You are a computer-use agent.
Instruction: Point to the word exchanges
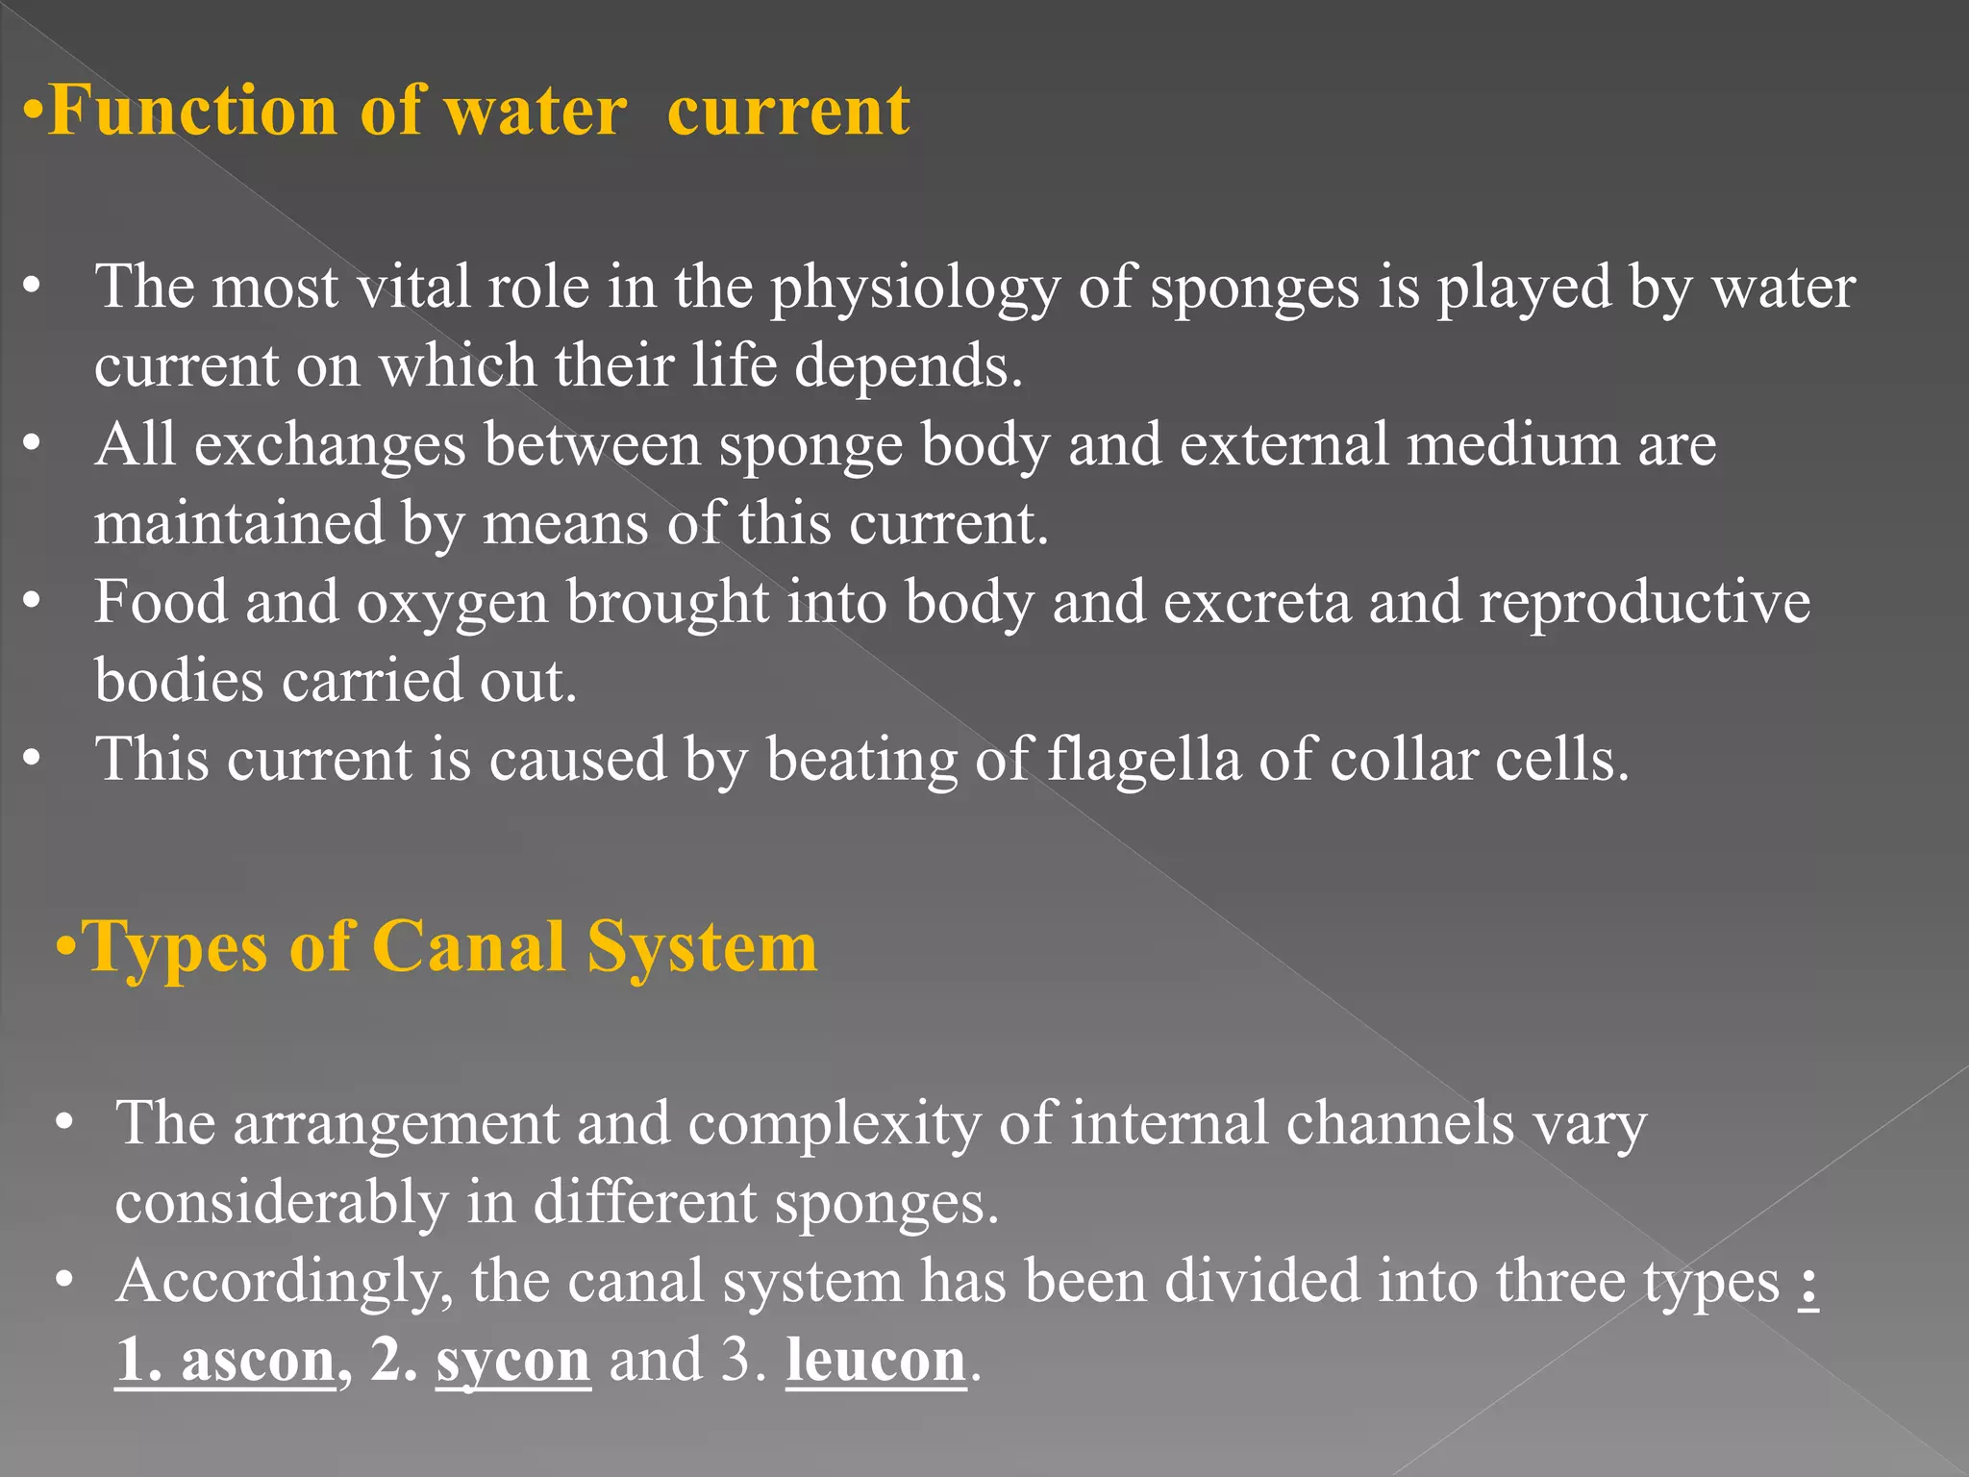coord(330,446)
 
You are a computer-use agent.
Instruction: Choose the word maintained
coord(239,524)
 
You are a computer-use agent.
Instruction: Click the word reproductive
coord(1644,604)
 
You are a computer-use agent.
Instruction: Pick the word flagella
coord(1144,760)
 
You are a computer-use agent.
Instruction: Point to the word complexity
coord(835,1125)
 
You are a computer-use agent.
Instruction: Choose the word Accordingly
coord(285,1285)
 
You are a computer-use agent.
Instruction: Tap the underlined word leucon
coord(876,1362)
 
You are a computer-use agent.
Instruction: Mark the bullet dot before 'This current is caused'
coord(33,759)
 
